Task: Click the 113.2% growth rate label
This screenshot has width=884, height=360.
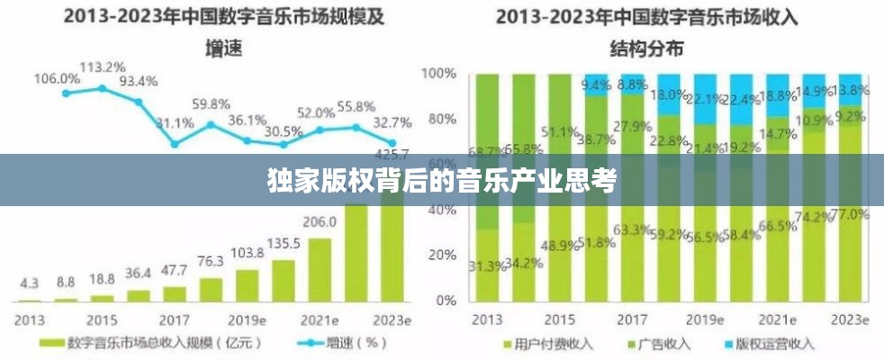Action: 102,67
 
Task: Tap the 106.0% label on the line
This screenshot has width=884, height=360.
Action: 57,78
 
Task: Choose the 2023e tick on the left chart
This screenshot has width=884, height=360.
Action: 392,319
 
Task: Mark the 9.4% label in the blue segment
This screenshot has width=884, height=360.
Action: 596,85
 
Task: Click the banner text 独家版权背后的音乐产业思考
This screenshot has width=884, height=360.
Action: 442,181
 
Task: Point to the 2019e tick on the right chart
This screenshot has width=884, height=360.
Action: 704,319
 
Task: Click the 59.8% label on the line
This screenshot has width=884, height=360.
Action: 211,103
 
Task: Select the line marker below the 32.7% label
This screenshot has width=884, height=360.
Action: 392,142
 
